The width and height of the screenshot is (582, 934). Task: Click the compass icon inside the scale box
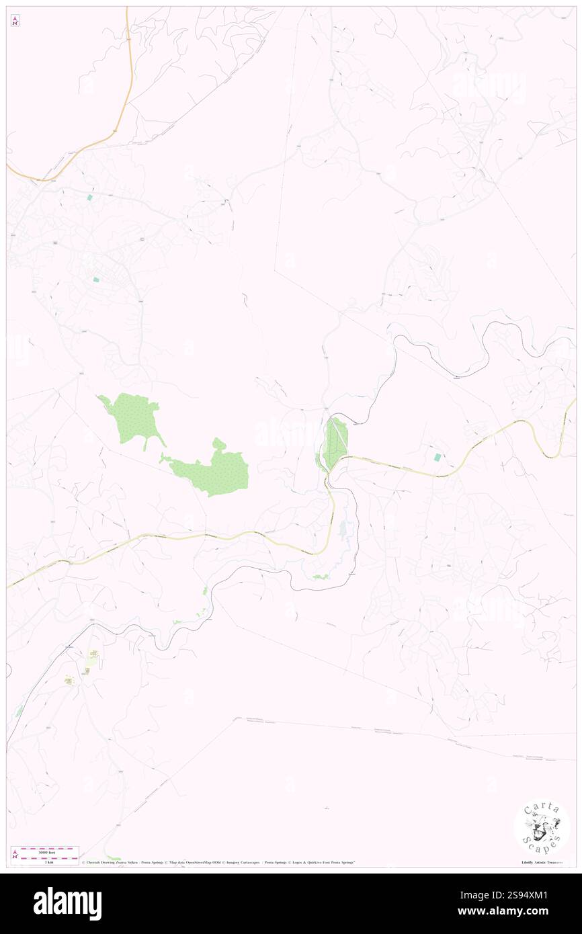pos(15,854)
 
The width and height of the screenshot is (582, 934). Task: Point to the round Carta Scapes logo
pos(542,828)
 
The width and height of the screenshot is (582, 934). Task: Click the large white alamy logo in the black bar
pos(67,904)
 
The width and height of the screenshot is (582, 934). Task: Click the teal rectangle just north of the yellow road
pos(438,457)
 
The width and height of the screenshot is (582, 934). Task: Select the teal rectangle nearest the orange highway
pos(89,198)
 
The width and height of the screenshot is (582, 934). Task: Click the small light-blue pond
pos(343,531)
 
